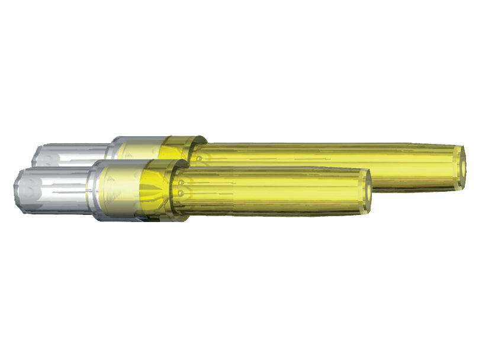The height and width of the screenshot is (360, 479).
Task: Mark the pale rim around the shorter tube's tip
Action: point(362,191)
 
